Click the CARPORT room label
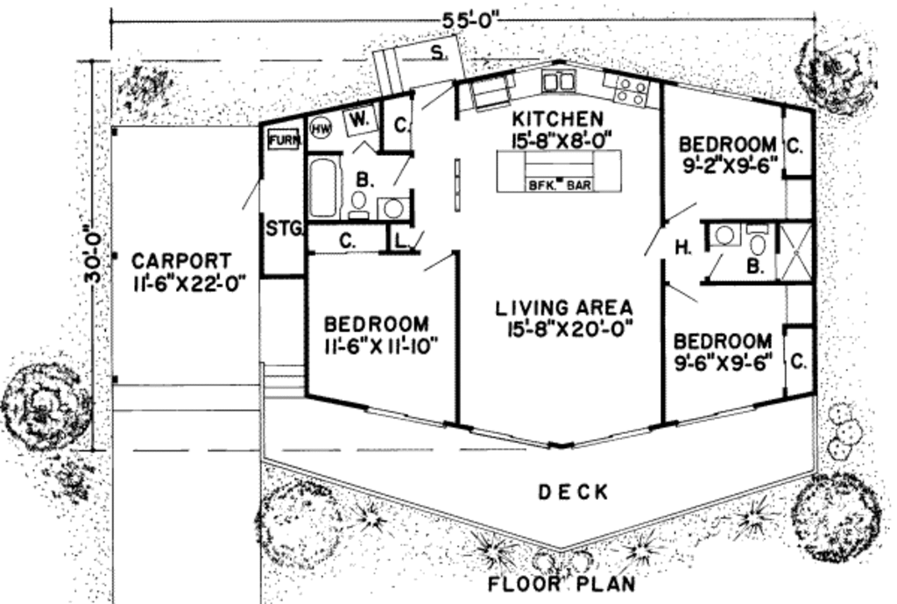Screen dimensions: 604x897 click(x=182, y=261)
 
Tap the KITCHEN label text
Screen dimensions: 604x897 click(x=558, y=118)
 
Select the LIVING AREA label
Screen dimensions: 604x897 click(x=564, y=308)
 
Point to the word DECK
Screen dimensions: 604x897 click(x=573, y=493)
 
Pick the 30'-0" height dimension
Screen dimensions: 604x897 click(x=92, y=255)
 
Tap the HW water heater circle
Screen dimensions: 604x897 click(x=320, y=128)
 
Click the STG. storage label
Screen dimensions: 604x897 click(x=284, y=230)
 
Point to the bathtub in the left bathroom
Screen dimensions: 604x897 click(x=323, y=187)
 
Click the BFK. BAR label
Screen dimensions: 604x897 click(x=559, y=186)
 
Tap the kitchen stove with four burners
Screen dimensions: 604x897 click(x=632, y=91)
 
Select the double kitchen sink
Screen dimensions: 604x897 click(x=557, y=82)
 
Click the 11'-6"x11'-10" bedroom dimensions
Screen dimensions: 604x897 click(x=380, y=345)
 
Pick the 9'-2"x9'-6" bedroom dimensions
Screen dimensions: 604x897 click(x=727, y=166)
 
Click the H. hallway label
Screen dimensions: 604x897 click(x=683, y=248)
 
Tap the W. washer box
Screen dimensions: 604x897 click(x=360, y=118)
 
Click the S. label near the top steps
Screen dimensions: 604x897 click(x=436, y=52)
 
